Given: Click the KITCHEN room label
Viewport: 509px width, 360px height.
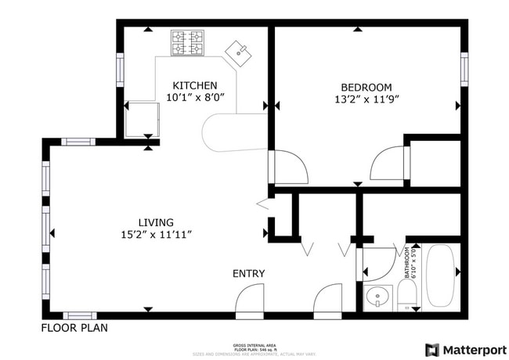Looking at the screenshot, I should (x=195, y=85).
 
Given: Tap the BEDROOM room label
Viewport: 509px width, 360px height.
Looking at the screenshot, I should (x=366, y=87).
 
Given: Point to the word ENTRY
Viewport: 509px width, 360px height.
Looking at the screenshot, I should (x=248, y=273).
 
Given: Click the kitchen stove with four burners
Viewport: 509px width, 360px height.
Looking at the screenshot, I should (x=188, y=43).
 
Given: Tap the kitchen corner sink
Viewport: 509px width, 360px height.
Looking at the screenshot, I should (x=239, y=53).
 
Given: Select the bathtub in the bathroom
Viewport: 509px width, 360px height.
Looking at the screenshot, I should (x=442, y=275).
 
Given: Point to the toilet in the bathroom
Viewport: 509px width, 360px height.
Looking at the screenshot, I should (x=406, y=296).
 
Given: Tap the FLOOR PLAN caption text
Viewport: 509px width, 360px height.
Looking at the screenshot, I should (x=74, y=328).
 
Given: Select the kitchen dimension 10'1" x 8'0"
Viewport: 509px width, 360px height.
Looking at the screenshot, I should (x=195, y=98).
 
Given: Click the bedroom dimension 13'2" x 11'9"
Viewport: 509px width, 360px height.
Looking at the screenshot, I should (x=366, y=99).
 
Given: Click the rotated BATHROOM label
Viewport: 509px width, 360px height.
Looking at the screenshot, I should (x=407, y=263).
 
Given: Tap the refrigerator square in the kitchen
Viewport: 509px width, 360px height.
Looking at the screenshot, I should (x=142, y=118).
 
